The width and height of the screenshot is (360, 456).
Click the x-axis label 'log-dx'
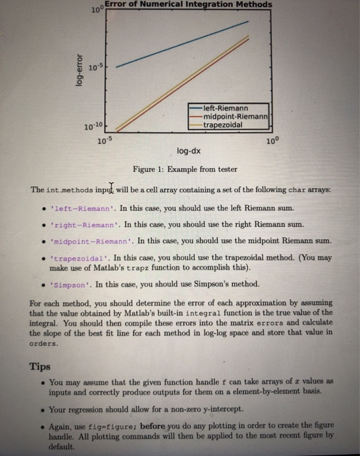(x=189, y=152)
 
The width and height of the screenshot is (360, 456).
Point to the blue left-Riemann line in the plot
(x=182, y=44)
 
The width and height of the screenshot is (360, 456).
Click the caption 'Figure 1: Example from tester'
(x=185, y=169)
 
